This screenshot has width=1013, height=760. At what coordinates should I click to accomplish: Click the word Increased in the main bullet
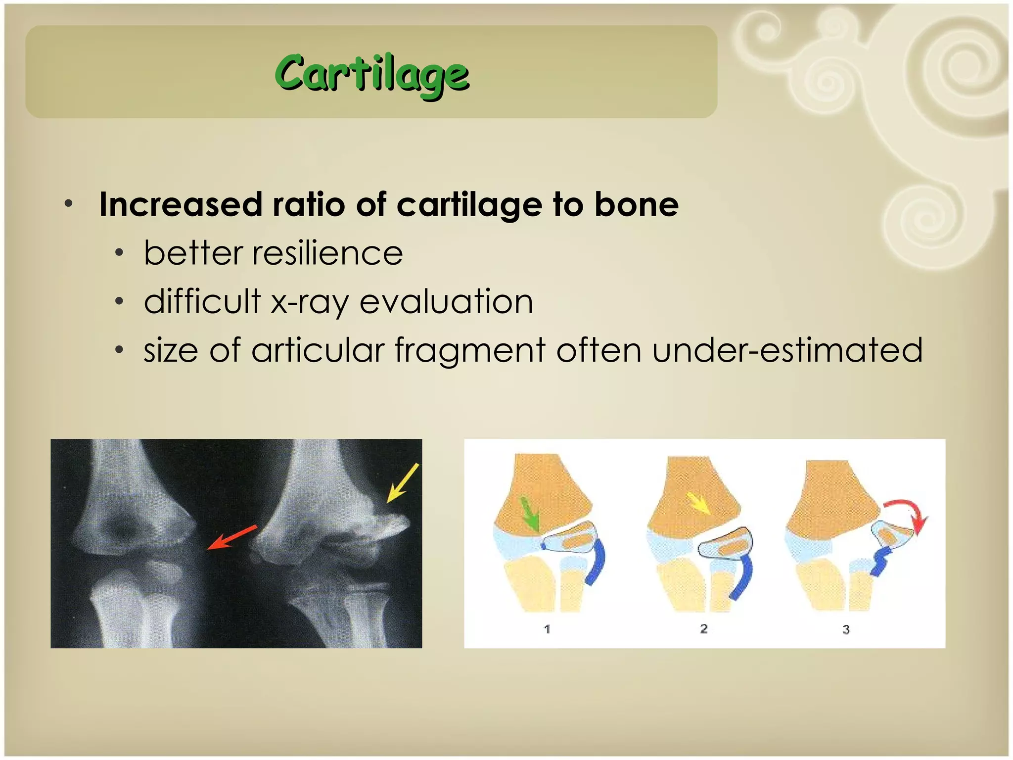pos(181,204)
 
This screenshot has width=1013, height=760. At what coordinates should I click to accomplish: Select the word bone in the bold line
pos(636,204)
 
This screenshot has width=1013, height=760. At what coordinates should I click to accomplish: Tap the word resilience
pos(327,253)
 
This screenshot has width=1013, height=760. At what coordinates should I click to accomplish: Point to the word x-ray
pos(310,302)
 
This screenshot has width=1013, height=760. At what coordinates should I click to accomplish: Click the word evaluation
pos(446,302)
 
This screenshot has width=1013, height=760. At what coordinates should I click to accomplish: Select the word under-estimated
pos(787,350)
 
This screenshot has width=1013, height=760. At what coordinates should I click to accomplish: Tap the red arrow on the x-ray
pos(231,537)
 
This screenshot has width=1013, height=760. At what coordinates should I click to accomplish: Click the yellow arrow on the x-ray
pos(403,483)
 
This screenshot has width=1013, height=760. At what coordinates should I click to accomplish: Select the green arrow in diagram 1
pos(529,515)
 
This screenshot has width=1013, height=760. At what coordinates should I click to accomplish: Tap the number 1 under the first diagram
pos(547,629)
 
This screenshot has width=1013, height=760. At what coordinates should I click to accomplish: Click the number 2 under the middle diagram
pos(704,629)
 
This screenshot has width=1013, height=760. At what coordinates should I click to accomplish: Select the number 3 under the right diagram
pos(846,630)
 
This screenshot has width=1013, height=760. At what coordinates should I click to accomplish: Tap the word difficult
pos(202,302)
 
